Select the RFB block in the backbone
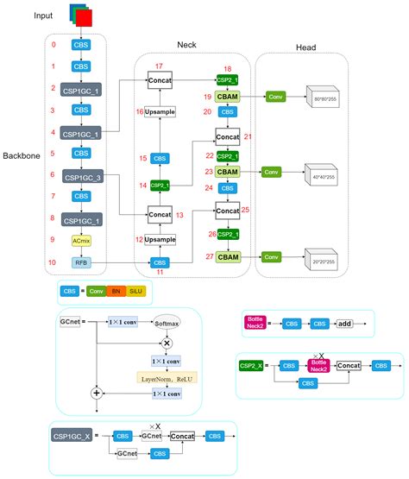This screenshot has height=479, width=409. pyautogui.click(x=80, y=262)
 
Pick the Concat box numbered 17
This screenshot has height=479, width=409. pyautogui.click(x=160, y=80)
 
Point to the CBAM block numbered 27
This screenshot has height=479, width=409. pyautogui.click(x=228, y=256)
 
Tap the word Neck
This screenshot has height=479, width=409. pyautogui.click(x=186, y=44)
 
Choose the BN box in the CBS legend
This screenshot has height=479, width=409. pyautogui.click(x=116, y=292)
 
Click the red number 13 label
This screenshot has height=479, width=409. pyautogui.click(x=181, y=214)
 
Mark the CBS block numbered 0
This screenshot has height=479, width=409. pyautogui.click(x=80, y=44)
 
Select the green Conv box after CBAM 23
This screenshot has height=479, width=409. pyautogui.click(x=272, y=173)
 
